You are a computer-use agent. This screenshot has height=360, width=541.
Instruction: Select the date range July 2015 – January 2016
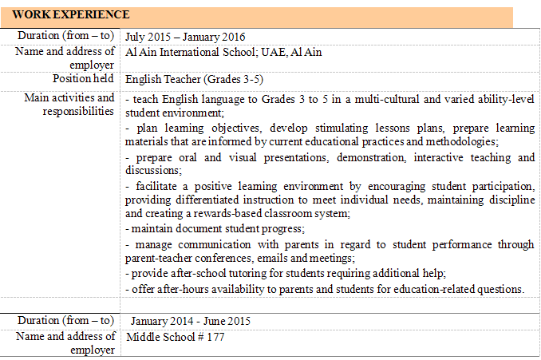(185, 37)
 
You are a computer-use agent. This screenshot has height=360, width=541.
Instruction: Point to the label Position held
(84, 79)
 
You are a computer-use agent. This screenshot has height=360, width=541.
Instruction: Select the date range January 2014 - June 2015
(191, 322)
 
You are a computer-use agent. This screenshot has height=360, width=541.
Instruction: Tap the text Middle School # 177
(176, 337)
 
